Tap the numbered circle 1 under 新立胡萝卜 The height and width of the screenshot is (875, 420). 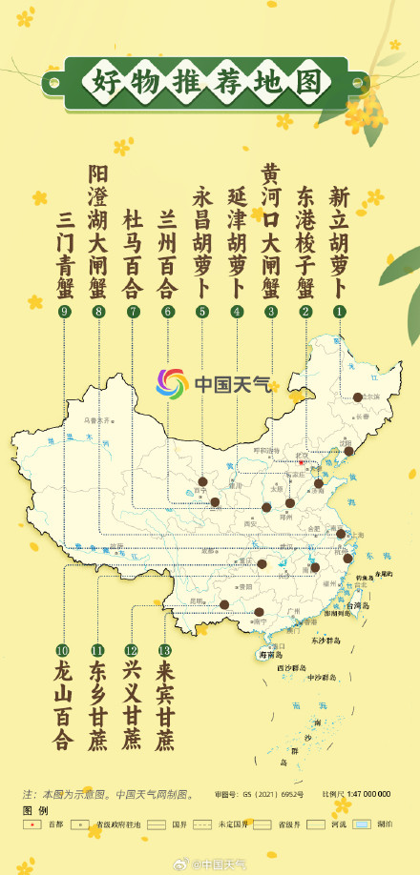coord(338,312)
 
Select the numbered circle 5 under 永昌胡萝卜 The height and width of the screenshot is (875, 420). coord(201,312)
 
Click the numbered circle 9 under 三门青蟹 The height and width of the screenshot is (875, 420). coord(65,312)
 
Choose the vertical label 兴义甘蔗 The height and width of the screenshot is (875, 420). coord(132,705)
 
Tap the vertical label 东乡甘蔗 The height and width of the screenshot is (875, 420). coord(97,705)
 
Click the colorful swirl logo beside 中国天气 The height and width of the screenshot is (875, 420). coord(175,384)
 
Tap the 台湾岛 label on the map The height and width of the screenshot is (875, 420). coord(356,604)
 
